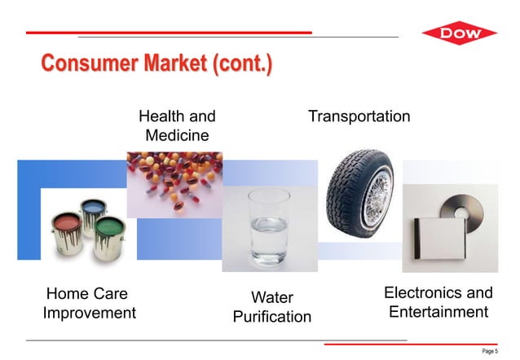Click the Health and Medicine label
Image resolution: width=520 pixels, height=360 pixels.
(177, 125)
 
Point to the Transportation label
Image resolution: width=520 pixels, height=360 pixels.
(359, 116)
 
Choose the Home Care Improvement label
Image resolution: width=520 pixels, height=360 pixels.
(89, 303)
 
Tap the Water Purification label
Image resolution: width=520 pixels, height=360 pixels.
(271, 306)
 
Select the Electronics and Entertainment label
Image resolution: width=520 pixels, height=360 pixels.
(438, 302)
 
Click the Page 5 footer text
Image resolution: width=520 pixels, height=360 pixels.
(489, 350)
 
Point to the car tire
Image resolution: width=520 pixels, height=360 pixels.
(359, 196)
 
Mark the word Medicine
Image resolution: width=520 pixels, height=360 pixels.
(177, 134)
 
